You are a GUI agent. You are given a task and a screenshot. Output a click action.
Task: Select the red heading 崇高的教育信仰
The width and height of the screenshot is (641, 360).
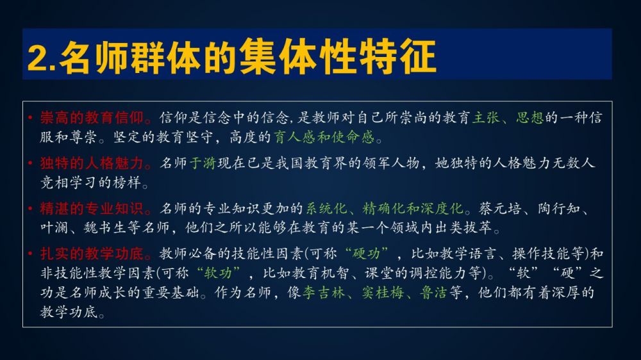click(x=92, y=118)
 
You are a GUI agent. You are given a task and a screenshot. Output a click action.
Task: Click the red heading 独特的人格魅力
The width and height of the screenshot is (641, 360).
click(x=92, y=163)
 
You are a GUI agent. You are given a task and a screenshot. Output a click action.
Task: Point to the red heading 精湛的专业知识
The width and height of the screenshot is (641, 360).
click(x=92, y=208)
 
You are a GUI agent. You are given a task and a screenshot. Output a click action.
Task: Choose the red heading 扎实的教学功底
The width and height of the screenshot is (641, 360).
click(x=92, y=254)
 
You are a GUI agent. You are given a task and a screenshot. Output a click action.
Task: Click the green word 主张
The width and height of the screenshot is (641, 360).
click(x=486, y=118)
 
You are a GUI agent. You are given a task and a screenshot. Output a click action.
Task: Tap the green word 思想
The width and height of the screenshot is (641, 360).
click(x=530, y=118)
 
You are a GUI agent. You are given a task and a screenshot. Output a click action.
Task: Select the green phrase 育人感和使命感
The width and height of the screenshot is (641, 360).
click(x=324, y=137)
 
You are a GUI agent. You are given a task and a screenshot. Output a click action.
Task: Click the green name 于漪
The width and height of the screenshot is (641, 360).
click(x=203, y=163)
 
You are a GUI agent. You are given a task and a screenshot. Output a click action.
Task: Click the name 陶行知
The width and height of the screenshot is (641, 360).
click(x=559, y=208)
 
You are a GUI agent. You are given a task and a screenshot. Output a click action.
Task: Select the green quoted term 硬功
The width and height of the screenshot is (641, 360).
click(x=366, y=254)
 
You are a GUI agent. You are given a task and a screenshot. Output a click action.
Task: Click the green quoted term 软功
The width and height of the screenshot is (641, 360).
click(x=217, y=272)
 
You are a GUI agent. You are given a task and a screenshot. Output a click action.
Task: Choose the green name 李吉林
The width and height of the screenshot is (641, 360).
click(x=323, y=293)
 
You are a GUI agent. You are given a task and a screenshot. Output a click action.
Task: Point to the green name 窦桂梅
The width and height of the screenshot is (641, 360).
click(x=382, y=293)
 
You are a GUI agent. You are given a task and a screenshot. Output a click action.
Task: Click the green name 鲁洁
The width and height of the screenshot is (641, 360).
click(x=433, y=293)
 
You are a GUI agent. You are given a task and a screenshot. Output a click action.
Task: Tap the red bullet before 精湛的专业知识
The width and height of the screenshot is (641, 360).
click(x=30, y=209)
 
